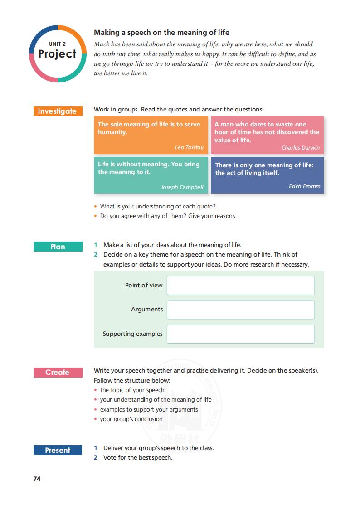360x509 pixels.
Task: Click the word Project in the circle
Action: point(58,54)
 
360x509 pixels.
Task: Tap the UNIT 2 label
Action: point(58,44)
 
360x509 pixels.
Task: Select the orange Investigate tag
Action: point(58,111)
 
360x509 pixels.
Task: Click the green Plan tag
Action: point(58,247)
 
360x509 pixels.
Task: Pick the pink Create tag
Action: point(58,373)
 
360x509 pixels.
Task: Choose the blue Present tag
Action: point(58,451)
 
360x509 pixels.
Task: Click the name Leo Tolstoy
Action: point(189,147)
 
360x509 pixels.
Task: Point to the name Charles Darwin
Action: point(300,148)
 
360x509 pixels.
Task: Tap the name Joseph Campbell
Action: point(182,187)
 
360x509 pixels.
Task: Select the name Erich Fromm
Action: point(304,186)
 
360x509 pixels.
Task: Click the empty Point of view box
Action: point(240,286)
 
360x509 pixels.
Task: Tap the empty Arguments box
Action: point(240,310)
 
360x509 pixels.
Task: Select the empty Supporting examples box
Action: point(240,334)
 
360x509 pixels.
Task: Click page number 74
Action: point(37,479)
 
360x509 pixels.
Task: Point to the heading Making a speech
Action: point(161,33)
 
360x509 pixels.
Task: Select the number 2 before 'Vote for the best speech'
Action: point(96,458)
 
